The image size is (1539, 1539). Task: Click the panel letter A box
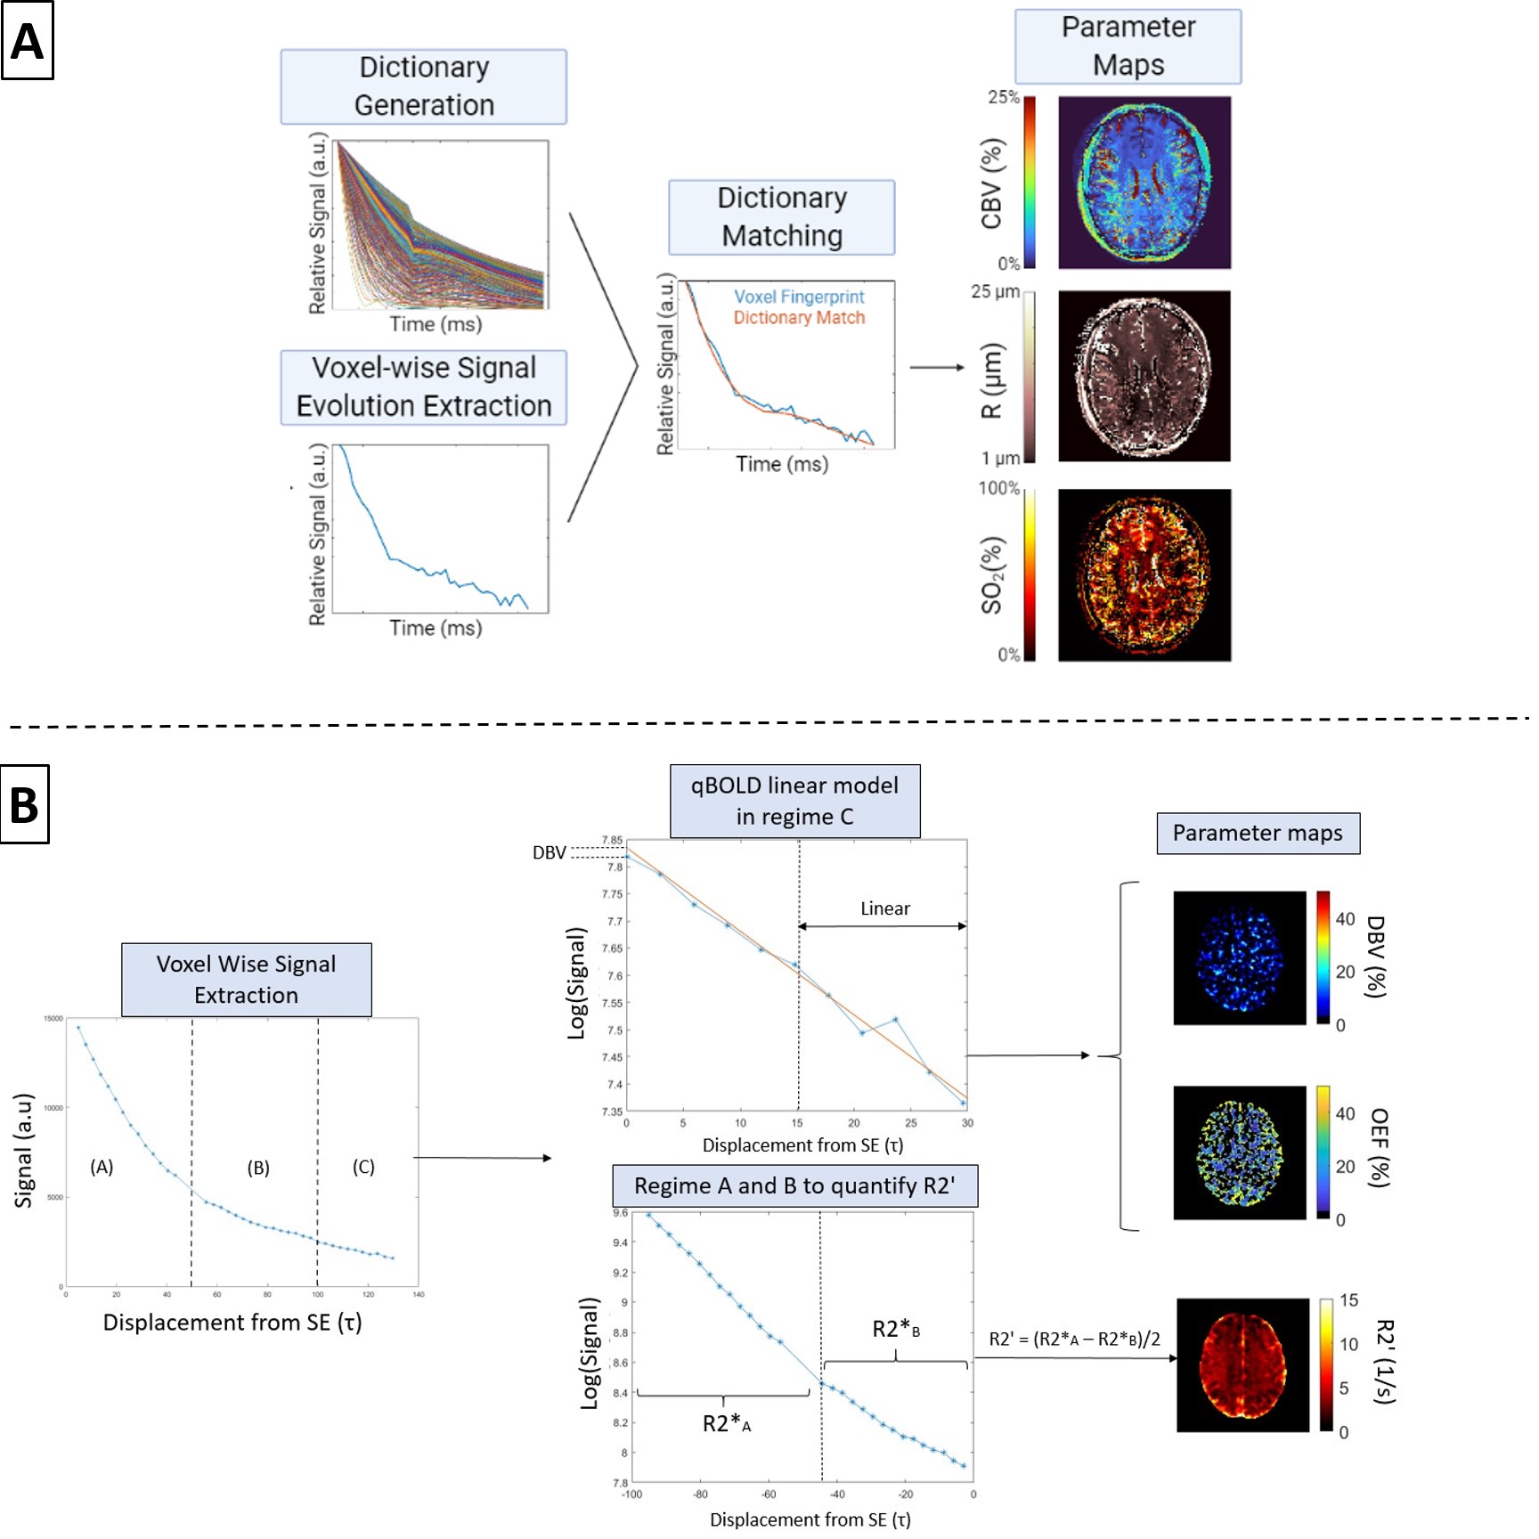coord(27,41)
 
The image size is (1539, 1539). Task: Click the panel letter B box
coord(24,804)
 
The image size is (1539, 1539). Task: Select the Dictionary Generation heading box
coord(424,86)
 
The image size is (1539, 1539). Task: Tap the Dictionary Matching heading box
coord(781,216)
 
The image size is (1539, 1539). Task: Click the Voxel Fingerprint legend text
coord(799,297)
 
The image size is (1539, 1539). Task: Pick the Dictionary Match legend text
coord(799,318)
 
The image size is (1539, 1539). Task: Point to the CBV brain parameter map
coord(1144,183)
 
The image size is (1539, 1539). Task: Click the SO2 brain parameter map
coord(1144,574)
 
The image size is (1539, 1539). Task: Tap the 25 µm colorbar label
coord(995,291)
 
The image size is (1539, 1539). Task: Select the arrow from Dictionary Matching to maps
coord(937,367)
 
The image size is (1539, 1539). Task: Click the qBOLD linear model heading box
coord(794,801)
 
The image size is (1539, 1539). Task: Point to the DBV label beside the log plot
coord(550,852)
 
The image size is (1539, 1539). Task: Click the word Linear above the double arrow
coord(884,908)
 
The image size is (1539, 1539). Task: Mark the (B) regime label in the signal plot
coord(258,1168)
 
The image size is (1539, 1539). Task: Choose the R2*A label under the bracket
coord(726,1424)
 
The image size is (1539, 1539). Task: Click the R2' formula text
coord(1075,1339)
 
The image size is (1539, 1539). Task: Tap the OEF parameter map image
coord(1239,1152)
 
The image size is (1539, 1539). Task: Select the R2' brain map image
coord(1242,1364)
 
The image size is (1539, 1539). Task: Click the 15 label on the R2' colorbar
coord(1348,1300)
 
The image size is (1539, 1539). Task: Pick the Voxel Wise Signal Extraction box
coord(246,980)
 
